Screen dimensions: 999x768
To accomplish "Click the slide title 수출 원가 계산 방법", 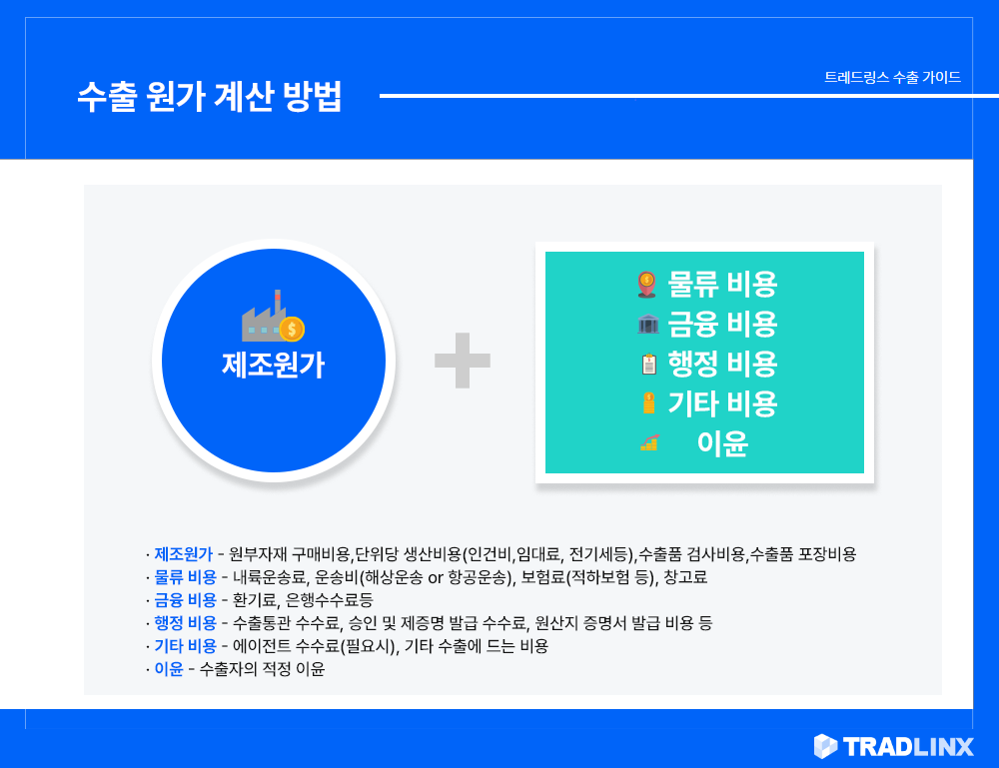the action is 210,96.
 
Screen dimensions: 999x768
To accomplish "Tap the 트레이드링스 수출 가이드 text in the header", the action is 892,77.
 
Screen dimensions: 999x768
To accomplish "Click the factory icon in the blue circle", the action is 273,316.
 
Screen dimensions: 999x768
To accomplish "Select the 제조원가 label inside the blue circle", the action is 274,365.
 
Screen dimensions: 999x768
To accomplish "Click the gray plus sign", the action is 463,361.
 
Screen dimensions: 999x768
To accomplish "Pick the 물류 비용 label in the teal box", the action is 722,284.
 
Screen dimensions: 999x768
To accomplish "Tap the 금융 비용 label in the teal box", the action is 722,325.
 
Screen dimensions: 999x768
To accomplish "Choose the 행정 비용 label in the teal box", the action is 722,364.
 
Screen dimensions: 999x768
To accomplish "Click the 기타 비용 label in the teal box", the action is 722,403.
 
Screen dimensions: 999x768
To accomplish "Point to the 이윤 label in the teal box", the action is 722,443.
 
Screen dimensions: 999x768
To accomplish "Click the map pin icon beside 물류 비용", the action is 646,284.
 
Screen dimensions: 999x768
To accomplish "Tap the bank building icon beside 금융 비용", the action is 648,324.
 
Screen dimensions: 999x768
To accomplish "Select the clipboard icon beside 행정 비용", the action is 648,364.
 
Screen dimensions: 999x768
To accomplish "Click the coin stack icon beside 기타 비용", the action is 648,403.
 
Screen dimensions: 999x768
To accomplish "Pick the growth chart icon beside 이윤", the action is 649,442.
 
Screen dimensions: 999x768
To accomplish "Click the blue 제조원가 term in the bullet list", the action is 184,554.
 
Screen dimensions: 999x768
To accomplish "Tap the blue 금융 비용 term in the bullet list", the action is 186,600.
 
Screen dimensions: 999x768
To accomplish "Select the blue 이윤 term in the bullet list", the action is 169,669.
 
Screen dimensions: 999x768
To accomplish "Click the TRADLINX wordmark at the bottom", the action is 908,746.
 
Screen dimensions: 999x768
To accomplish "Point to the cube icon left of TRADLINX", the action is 826,746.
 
